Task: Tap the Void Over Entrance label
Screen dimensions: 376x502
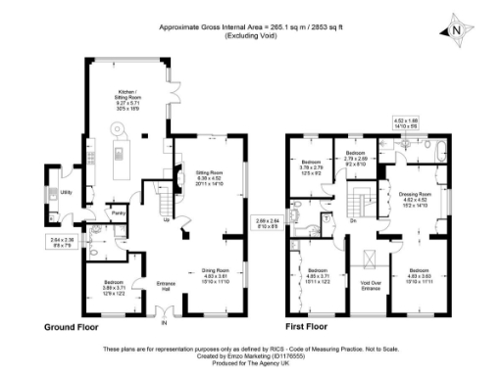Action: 370,285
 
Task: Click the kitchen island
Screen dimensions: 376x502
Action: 125,152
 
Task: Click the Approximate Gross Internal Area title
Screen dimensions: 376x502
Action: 251,29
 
